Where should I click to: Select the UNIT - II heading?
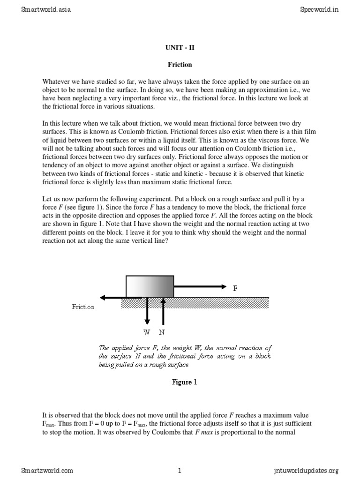click(x=180, y=47)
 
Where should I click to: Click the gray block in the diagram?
click(x=150, y=286)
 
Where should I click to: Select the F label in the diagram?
click(x=235, y=288)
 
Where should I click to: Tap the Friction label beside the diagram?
click(x=83, y=307)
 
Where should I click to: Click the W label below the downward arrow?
click(x=147, y=332)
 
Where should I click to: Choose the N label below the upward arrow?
click(x=162, y=332)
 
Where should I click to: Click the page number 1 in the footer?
click(x=180, y=470)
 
